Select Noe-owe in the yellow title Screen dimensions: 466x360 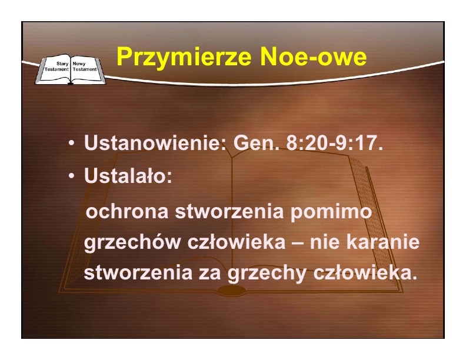[x=313, y=56]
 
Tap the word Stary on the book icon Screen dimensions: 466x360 [x=62, y=64]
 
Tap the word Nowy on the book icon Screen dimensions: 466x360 [x=79, y=64]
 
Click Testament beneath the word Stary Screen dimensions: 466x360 [x=56, y=69]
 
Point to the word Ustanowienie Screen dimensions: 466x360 [x=155, y=142]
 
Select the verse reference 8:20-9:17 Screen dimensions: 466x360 [x=334, y=142]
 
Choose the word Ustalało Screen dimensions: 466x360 [x=128, y=175]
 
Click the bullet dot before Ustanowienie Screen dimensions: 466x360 [x=71, y=143]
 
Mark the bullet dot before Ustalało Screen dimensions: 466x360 [x=71, y=176]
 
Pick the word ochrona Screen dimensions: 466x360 [x=127, y=212]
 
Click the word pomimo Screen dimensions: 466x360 [x=331, y=212]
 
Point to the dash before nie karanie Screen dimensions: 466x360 [x=298, y=243]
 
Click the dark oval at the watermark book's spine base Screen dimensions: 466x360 [x=232, y=290]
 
